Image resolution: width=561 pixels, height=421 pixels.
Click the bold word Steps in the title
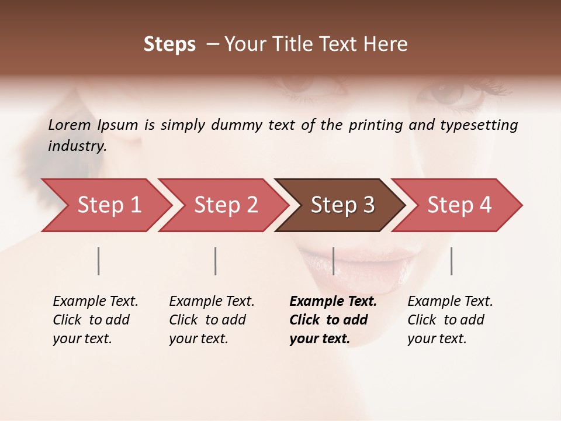(x=169, y=44)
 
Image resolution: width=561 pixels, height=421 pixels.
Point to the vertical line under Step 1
(x=99, y=261)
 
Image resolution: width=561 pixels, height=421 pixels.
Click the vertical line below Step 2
(x=216, y=261)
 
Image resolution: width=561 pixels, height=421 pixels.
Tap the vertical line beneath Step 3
(x=333, y=261)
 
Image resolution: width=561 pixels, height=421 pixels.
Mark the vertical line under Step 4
(x=451, y=261)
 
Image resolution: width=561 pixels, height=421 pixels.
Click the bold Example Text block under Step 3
(x=333, y=320)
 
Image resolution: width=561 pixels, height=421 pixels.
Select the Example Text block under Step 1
(x=95, y=320)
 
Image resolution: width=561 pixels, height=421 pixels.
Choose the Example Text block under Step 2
(x=212, y=320)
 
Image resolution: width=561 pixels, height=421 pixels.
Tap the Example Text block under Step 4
(x=450, y=320)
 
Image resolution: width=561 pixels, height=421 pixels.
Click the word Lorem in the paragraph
(x=70, y=125)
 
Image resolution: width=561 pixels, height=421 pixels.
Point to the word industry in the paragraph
(x=77, y=146)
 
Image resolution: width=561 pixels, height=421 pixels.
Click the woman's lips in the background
(x=356, y=260)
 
